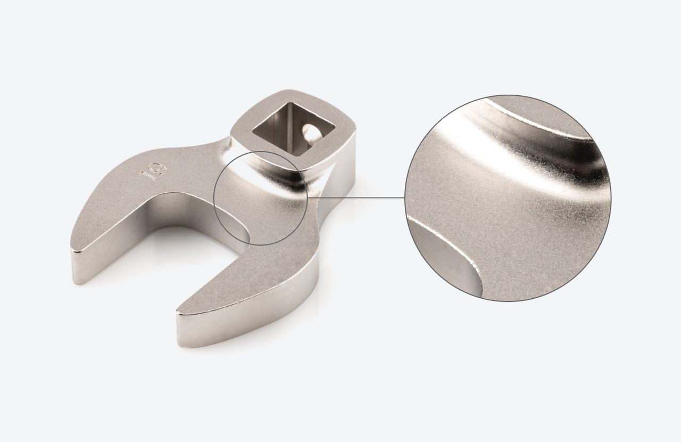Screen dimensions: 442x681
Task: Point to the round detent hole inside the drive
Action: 309,132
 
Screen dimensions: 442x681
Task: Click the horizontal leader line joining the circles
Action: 356,198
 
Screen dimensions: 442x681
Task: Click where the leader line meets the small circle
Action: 309,198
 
